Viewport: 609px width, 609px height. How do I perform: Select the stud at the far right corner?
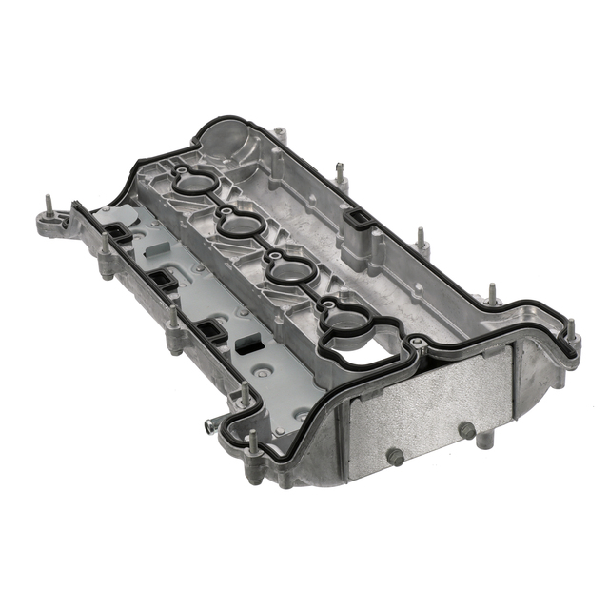point(571,333)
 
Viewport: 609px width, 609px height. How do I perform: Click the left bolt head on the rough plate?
point(395,458)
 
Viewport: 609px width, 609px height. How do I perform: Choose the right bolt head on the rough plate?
point(466,431)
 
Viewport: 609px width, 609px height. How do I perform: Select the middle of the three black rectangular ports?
point(163,282)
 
